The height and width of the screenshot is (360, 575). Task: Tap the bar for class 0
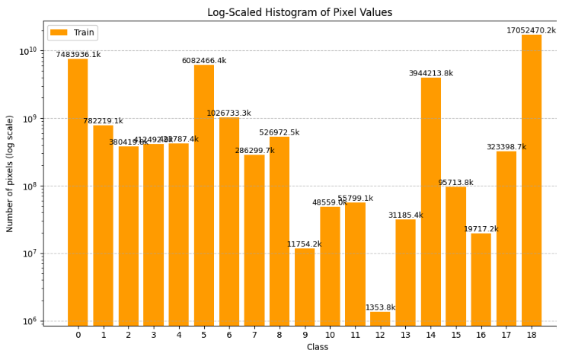[78, 190]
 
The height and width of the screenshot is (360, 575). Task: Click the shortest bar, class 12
[380, 318]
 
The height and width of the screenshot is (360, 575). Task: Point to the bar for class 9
[305, 286]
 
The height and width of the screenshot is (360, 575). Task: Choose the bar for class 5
[204, 194]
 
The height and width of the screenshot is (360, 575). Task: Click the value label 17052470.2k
[531, 30]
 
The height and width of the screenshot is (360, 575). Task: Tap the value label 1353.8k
[380, 307]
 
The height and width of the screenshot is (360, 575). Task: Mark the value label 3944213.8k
[430, 74]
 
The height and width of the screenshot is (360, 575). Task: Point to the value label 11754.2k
[304, 244]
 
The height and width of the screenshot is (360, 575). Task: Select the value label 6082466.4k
[203, 61]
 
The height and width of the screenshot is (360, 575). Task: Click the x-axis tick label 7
[254, 335]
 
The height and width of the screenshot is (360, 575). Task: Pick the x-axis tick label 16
[481, 335]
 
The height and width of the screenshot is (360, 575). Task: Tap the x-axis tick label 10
[330, 335]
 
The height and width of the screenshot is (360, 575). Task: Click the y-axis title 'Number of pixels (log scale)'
[10, 174]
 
